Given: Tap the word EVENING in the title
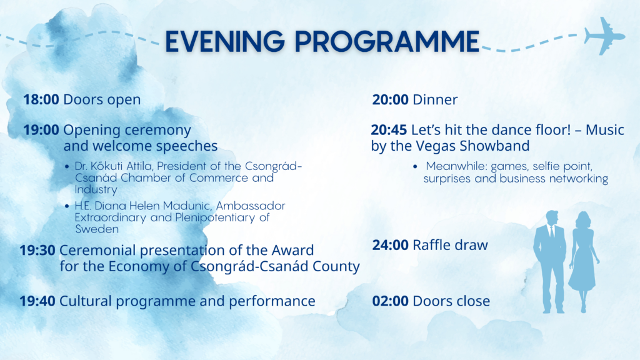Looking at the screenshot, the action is coord(225,41).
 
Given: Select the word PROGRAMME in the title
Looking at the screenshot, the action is coord(387,41).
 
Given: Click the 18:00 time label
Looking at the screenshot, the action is coord(41,99).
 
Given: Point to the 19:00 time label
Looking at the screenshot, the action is coord(41,130).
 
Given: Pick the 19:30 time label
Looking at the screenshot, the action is coord(37,250).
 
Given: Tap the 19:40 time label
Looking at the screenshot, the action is coord(37,301).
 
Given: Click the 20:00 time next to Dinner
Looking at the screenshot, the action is coord(390,99).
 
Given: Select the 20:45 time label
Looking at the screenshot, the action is coord(389,130).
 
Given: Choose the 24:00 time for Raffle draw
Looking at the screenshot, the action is coord(390,245).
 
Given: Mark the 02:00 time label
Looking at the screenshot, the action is coord(390,301).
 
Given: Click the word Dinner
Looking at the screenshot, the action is coord(435,99).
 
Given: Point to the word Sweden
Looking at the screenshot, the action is coord(97,229).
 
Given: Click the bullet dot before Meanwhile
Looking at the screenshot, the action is coord(415,166).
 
